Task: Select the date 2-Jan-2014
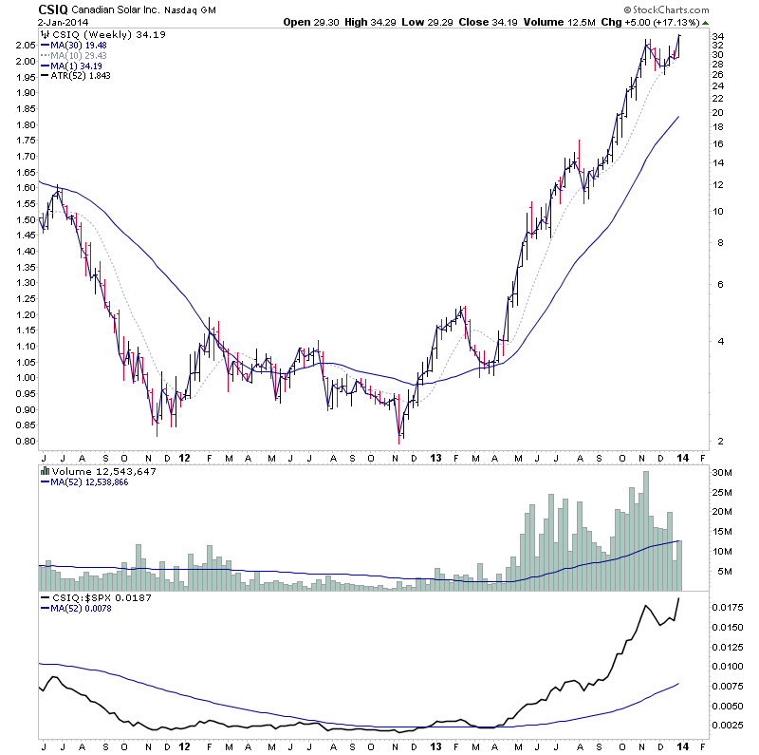[x=32, y=22]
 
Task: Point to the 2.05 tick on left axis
[x=26, y=45]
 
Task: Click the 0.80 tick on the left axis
[x=26, y=442]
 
